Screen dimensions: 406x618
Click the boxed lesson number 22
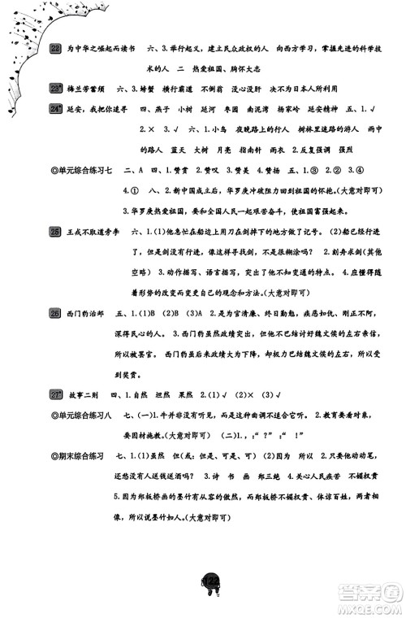pyautogui.click(x=55, y=49)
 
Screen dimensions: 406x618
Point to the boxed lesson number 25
pyautogui.click(x=55, y=233)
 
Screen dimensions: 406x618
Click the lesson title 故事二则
pyautogui.click(x=84, y=396)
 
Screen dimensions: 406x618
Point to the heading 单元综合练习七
pyautogui.click(x=80, y=172)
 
